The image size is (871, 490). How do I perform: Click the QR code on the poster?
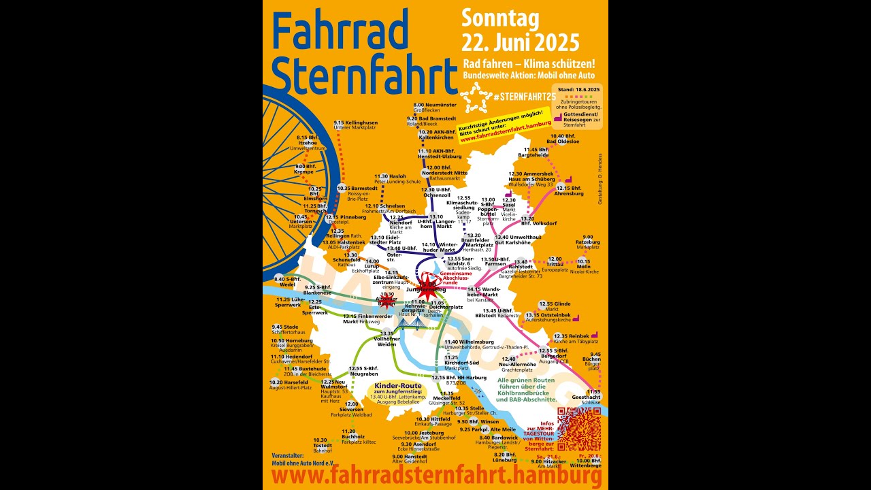(x=578, y=429)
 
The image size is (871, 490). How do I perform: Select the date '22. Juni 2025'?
(x=521, y=43)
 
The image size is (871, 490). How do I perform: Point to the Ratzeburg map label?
(x=587, y=242)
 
